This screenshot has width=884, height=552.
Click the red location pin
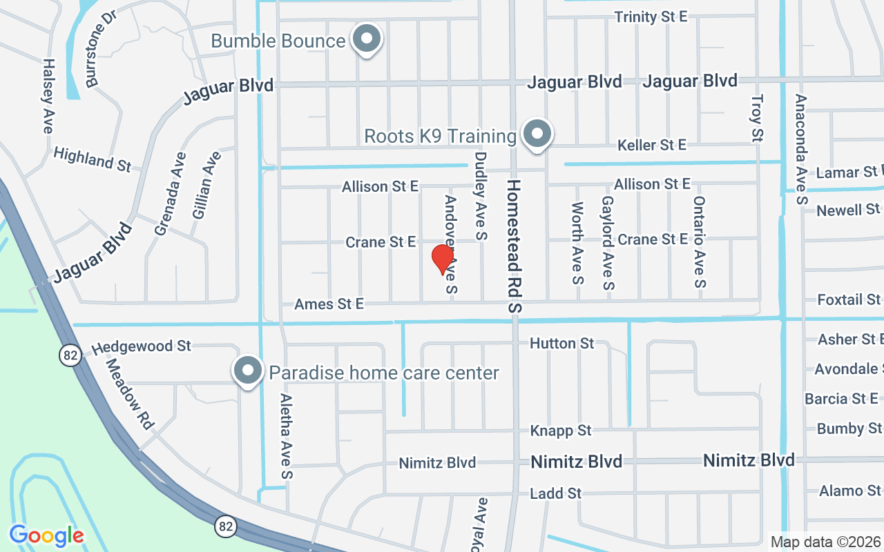tap(442, 259)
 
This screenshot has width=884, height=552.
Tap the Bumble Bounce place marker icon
tap(367, 40)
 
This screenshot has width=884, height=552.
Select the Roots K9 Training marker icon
tap(537, 135)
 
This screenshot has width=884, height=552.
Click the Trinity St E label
tap(651, 17)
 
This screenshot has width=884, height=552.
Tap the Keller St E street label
tap(652, 145)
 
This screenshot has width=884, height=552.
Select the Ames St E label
tap(329, 304)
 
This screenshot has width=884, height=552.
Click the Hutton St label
tap(561, 343)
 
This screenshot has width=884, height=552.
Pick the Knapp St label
tap(561, 431)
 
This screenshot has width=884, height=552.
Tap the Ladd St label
tap(555, 493)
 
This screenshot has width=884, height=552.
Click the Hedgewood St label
tap(141, 346)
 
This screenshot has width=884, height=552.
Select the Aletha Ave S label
tap(287, 436)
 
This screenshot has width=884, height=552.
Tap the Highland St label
tap(92, 159)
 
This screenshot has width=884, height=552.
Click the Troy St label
tap(757, 118)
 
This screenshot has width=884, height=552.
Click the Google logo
tap(46, 535)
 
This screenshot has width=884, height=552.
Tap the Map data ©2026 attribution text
tap(825, 542)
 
